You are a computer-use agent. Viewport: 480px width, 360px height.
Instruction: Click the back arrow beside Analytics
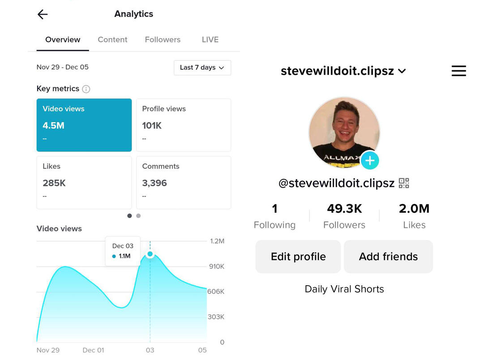(43, 14)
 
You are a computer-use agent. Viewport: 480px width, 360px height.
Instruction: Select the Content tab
(112, 39)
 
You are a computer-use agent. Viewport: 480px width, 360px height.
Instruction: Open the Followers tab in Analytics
(163, 39)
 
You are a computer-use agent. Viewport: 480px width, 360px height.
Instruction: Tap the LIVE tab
(210, 39)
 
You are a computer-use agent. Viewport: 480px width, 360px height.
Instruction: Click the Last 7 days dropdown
(202, 68)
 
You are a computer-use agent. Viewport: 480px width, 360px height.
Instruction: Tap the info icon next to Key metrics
(86, 89)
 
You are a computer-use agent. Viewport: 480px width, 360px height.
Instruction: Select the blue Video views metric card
(84, 125)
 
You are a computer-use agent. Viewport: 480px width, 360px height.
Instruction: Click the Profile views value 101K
(152, 126)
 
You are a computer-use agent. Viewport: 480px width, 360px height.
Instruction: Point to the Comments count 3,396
(154, 183)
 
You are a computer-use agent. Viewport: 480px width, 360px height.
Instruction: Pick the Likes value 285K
(54, 183)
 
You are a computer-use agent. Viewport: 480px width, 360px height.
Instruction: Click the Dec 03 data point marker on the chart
(150, 254)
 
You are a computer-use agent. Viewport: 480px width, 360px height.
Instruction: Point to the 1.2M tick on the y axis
(217, 241)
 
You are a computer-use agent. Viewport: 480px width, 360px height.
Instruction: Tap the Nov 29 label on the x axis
(48, 350)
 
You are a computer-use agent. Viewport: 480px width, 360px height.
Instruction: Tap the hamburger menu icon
(459, 71)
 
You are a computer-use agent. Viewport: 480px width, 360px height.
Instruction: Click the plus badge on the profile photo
(370, 160)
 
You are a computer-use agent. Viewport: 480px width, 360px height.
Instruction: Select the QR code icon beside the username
(404, 183)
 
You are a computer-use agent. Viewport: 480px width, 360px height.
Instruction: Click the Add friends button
(388, 257)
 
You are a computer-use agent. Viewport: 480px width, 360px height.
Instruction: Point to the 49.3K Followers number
(344, 209)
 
